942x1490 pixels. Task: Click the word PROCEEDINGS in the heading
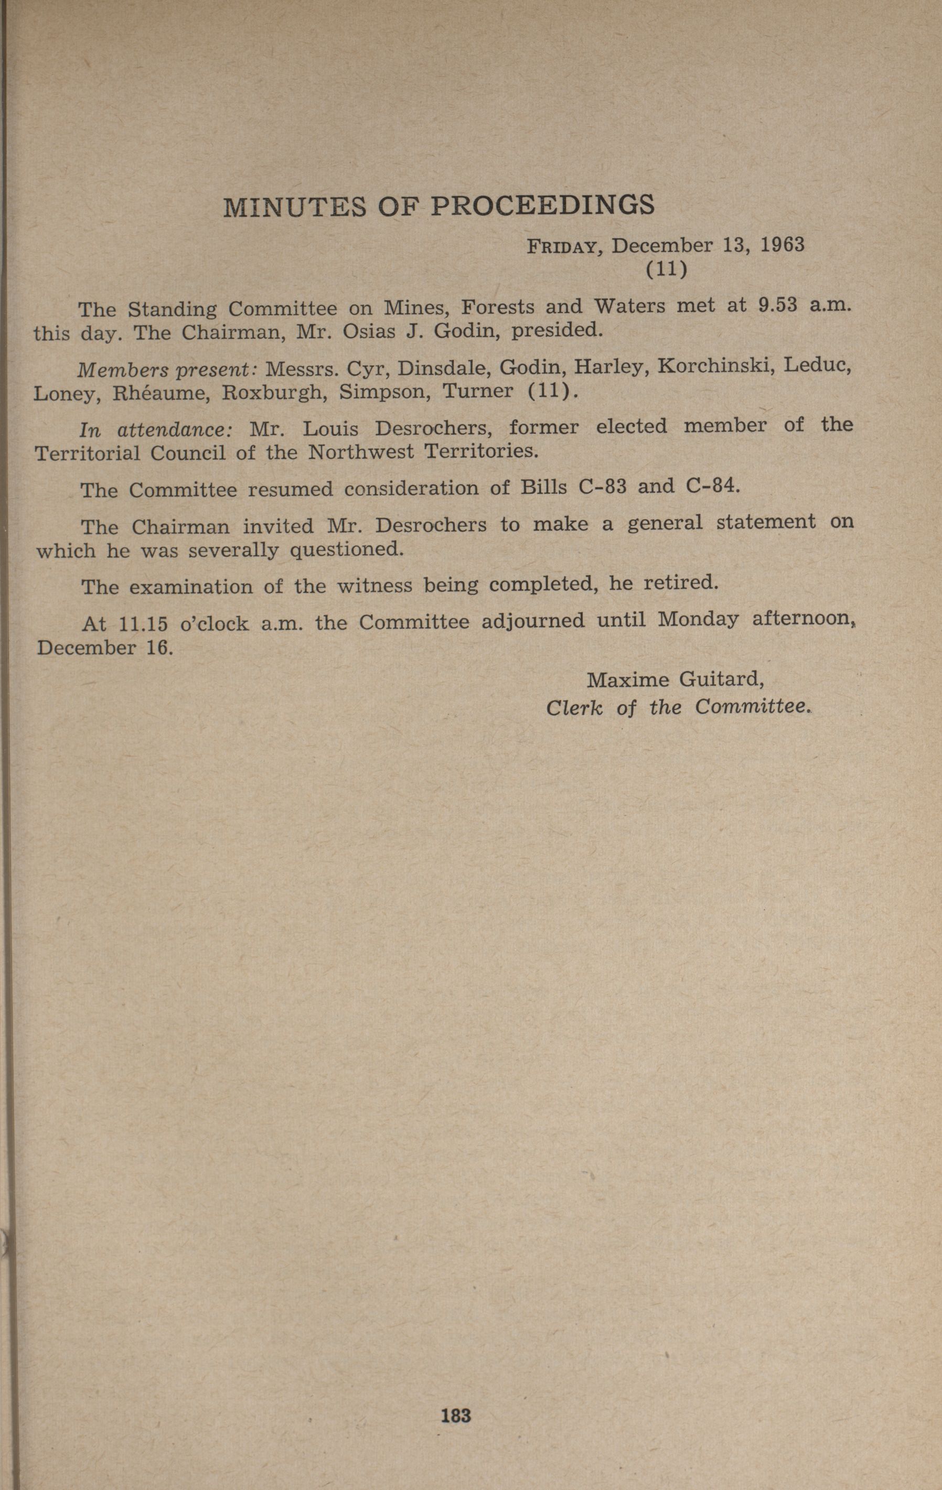(542, 206)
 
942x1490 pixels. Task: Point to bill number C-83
(602, 487)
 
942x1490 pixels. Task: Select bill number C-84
(712, 485)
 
